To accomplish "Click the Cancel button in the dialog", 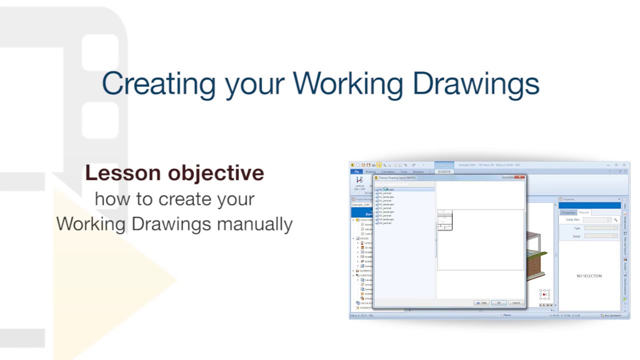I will pos(515,302).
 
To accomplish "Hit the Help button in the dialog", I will pos(482,302).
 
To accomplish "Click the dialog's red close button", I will pos(521,177).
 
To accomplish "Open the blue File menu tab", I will pos(357,171).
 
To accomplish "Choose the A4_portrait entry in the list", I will pos(385,223).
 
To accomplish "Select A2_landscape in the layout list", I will pos(386,204).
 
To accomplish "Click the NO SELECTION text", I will pos(589,276).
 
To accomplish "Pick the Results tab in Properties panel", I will pos(584,212).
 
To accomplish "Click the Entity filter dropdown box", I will pos(597,220).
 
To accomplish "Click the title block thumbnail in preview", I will pos(444,220).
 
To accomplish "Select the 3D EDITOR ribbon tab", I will pos(444,171).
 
